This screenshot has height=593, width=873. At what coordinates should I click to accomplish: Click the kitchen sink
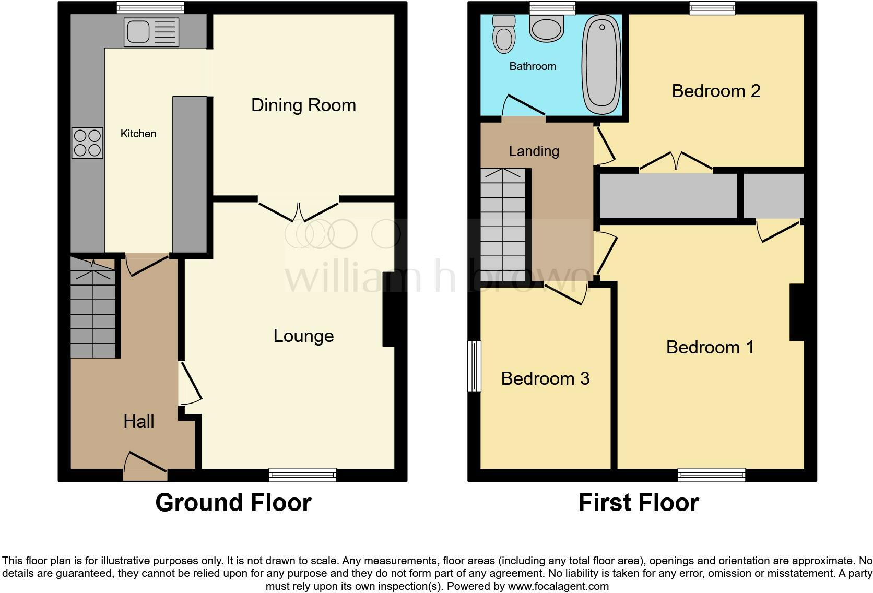(151, 32)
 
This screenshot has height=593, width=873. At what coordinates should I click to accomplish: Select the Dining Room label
(303, 105)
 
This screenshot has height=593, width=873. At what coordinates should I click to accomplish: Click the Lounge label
(303, 336)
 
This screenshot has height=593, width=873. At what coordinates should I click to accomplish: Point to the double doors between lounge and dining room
(299, 211)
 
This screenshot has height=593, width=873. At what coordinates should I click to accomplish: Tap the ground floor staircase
(93, 313)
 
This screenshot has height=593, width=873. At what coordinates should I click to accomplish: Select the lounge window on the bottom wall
(302, 475)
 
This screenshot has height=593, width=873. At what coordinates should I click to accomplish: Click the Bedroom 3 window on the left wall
(474, 365)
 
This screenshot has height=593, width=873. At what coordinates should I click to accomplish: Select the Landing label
(534, 151)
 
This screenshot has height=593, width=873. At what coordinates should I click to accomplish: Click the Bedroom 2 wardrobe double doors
(676, 161)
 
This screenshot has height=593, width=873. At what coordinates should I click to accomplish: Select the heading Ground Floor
(233, 503)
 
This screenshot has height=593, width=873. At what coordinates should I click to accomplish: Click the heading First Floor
(638, 503)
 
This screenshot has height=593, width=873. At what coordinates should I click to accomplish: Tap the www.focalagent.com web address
(558, 586)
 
